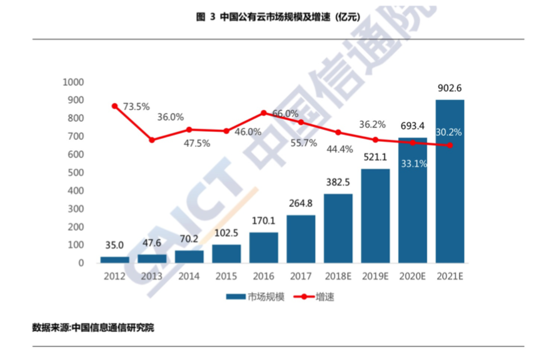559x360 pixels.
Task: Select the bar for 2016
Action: [x=263, y=247]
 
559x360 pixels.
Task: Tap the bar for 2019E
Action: [x=375, y=216]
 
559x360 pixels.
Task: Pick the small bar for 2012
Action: [x=114, y=259]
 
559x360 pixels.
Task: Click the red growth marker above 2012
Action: [x=114, y=106]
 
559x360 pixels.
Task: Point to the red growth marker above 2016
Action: [x=264, y=113]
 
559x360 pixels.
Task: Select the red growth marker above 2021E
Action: [x=450, y=146]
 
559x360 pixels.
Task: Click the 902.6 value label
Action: [x=450, y=88]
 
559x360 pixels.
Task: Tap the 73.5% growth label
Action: [x=136, y=106]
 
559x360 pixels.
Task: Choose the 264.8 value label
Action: [x=301, y=204]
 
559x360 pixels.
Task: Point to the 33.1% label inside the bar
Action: [x=413, y=164]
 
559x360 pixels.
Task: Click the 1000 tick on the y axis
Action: [x=73, y=82]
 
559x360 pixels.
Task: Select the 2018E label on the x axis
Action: [x=338, y=276]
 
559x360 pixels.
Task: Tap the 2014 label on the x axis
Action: [x=189, y=276]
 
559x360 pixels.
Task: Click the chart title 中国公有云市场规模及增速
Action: [x=279, y=17]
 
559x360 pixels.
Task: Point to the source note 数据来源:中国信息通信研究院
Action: [x=93, y=327]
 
